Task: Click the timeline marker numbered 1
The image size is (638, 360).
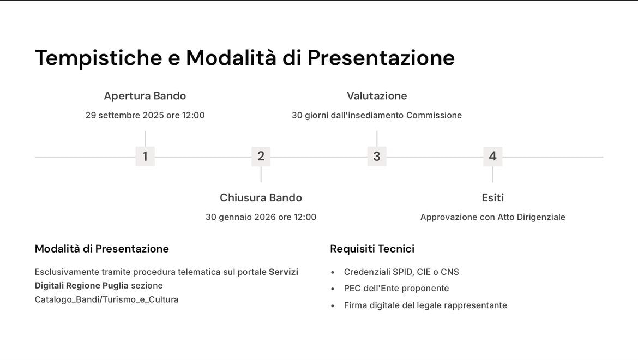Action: [x=145, y=157]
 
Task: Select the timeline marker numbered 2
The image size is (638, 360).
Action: [x=261, y=157]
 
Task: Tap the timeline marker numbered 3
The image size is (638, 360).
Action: [x=377, y=157]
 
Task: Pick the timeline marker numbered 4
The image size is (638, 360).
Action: [x=492, y=157]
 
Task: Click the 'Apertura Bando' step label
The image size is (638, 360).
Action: [x=145, y=96]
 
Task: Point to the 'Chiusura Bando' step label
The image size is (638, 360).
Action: [x=261, y=197]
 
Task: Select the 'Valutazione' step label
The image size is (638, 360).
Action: [x=377, y=96]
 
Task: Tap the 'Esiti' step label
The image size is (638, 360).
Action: [x=492, y=197]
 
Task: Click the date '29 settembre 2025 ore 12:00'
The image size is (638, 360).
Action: [x=145, y=116]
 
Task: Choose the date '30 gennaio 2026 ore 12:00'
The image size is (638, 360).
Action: [x=261, y=217]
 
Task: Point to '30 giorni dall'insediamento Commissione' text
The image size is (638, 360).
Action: [x=377, y=116]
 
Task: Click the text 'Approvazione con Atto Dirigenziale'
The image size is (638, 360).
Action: [x=492, y=217]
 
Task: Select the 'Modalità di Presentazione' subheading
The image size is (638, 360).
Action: [x=102, y=249]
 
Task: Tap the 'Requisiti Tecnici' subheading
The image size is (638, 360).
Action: [x=372, y=249]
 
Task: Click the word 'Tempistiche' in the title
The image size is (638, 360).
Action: [x=99, y=58]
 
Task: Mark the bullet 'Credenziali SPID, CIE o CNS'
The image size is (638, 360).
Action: [x=401, y=272]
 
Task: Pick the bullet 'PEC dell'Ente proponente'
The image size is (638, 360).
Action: [x=396, y=289]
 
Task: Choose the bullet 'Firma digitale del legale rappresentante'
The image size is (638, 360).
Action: [x=425, y=305]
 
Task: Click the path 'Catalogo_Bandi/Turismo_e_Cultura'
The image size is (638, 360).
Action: [x=107, y=299]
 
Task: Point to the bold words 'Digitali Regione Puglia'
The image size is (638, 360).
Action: [x=82, y=286]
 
